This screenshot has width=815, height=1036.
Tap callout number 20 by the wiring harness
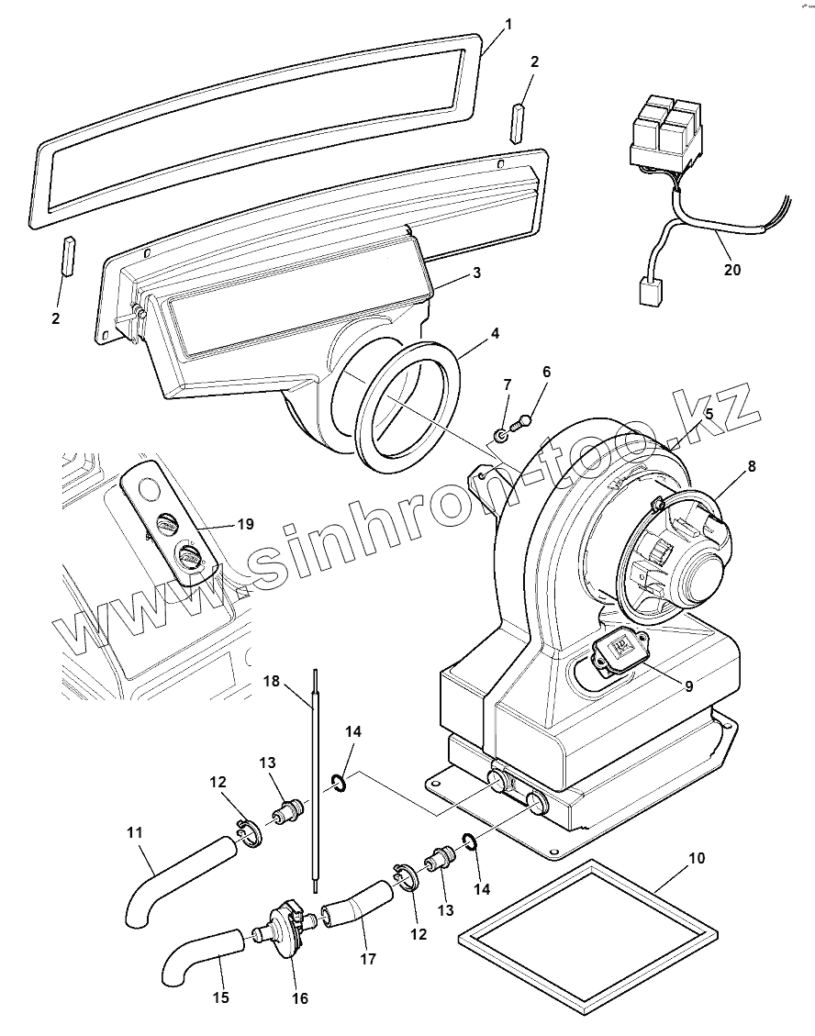tap(731, 270)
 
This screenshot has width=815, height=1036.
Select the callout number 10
tap(697, 858)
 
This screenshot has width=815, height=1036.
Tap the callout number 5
tap(708, 414)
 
